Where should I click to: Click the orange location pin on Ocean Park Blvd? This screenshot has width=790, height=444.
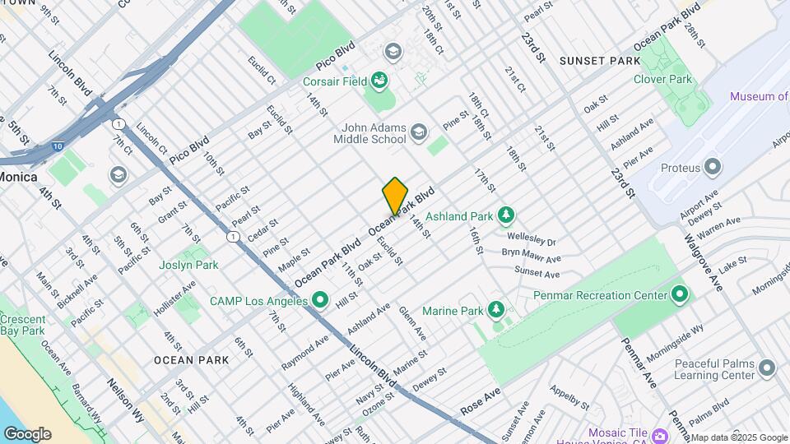395,195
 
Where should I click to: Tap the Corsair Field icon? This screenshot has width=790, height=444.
379,81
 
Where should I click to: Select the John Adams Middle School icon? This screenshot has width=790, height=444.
419,132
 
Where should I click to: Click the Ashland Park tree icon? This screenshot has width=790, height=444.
507,216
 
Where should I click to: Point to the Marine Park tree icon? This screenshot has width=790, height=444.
495,310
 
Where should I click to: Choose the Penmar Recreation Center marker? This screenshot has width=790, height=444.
680,294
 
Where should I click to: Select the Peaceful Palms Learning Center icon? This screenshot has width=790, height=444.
767,368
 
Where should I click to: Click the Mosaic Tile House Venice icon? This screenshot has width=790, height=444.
660,433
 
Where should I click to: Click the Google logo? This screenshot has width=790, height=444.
26,434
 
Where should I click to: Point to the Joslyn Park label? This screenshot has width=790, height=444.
190,265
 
